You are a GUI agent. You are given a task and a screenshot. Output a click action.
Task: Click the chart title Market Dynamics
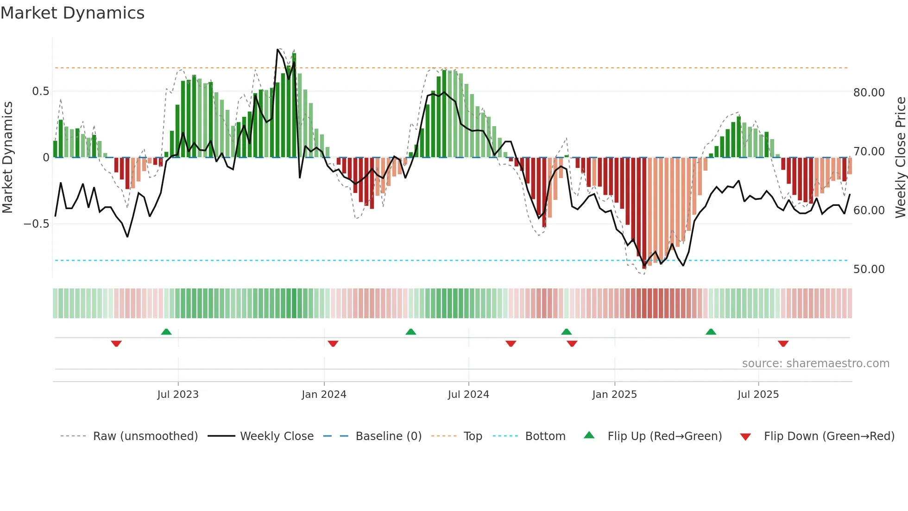coord(72,13)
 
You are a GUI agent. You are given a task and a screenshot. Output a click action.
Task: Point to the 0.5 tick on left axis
coord(40,91)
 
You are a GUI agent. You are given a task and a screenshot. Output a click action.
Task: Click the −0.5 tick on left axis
coord(37,224)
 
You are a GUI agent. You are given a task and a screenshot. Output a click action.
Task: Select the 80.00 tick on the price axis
coord(869,93)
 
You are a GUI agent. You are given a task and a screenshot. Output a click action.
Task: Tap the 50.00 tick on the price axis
coord(869,269)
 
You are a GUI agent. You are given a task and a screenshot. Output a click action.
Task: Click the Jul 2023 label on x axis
coord(178,395)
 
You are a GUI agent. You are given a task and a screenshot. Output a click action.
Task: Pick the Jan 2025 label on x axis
coord(614,395)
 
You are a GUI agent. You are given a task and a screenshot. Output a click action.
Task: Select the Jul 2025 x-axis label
coord(758,395)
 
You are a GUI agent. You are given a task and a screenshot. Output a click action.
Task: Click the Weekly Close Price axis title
coord(900,158)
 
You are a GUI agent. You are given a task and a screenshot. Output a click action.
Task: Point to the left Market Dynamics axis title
coord(7,158)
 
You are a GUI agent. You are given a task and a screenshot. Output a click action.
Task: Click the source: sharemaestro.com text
coord(815,364)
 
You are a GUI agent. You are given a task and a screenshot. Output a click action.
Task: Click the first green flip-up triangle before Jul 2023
coord(166,332)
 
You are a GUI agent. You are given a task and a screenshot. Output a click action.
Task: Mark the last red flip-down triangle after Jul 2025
coord(783,344)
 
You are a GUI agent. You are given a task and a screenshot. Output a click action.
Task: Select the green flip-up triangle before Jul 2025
coord(711,332)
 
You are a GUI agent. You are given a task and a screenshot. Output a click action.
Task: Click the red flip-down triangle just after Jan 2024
coord(333,344)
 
